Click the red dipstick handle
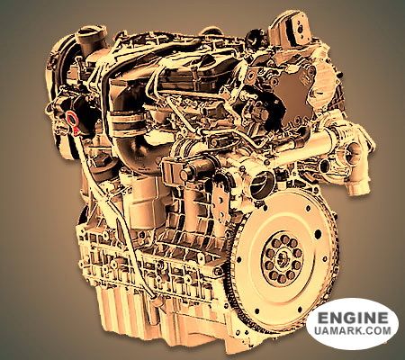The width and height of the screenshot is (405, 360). [x=71, y=118]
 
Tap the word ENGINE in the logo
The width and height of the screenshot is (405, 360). [x=353, y=319]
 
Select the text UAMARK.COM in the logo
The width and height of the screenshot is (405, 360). [x=353, y=331]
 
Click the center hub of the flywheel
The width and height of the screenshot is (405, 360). [x=282, y=257]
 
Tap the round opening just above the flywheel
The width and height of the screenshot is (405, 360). [x=261, y=184]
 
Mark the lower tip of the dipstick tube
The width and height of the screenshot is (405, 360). [x=154, y=298]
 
